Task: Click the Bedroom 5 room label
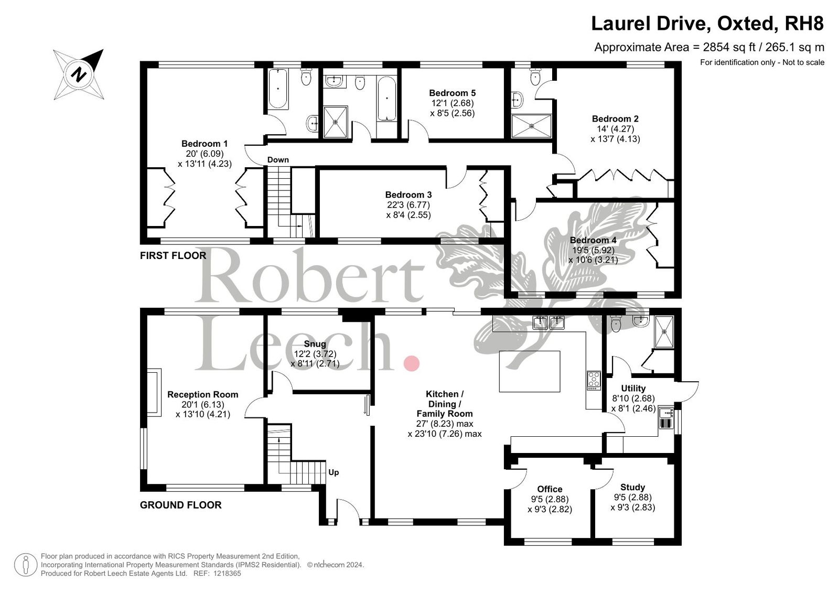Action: [451, 93]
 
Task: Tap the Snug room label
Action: [315, 344]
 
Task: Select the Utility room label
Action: [633, 388]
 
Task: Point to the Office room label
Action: [550, 489]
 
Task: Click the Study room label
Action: [632, 487]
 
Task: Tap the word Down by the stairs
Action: [278, 160]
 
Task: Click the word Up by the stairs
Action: [334, 472]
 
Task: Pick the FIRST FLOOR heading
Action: [173, 255]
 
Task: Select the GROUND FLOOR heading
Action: [180, 505]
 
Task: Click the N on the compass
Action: [79, 74]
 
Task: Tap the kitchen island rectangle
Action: [530, 371]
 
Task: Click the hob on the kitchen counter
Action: [594, 380]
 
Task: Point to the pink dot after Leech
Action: [411, 363]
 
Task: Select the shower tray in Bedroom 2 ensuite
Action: [532, 126]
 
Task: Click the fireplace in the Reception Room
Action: [154, 392]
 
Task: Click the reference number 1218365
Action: [227, 573]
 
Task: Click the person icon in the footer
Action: [26, 565]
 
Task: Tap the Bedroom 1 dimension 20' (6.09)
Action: [205, 154]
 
